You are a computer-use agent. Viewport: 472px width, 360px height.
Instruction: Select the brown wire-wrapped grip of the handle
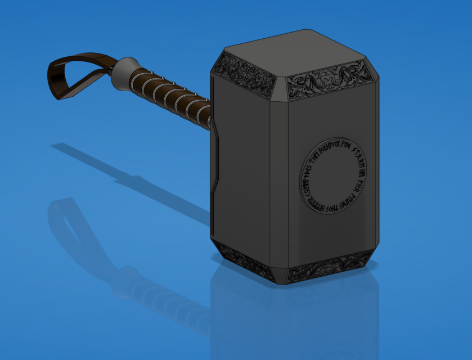[x=169, y=93]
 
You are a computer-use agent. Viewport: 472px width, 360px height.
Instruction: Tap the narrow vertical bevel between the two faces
[x=280, y=180]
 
